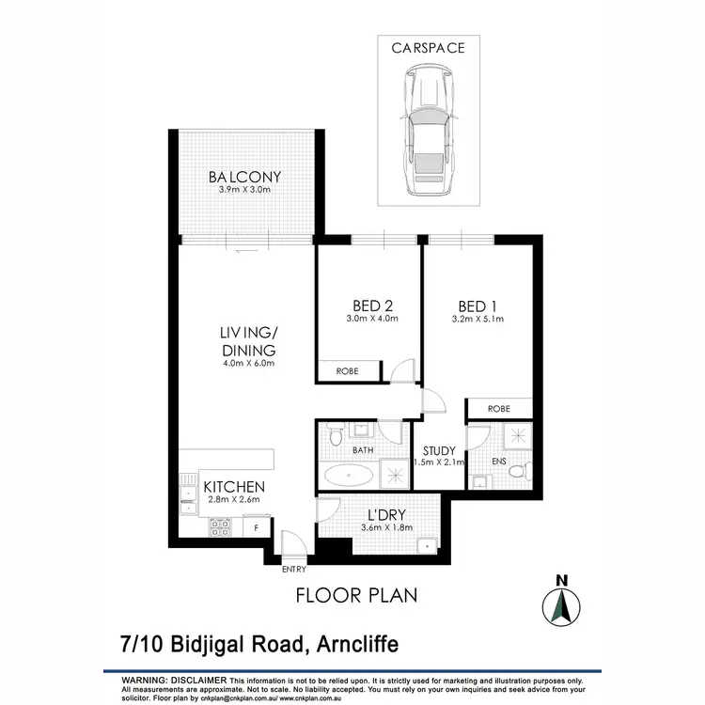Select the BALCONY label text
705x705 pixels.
point(244,177)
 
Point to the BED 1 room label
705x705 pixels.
point(478,305)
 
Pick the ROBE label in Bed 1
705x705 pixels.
point(499,409)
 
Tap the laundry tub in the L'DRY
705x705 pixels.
point(428,543)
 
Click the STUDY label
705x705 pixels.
point(439,451)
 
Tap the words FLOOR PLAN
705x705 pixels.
point(356,595)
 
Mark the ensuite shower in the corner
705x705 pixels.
point(516,436)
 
